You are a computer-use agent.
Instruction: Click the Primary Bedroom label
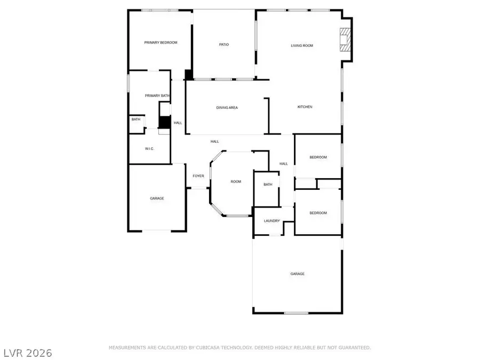pos(161,43)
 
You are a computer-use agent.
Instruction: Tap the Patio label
pos(224,44)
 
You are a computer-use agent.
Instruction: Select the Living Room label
pos(302,46)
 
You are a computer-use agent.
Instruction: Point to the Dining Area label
pos(227,108)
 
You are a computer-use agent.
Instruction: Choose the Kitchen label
pos(305,107)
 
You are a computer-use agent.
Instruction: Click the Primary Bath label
pos(157,95)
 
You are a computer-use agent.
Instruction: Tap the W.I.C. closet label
pos(149,148)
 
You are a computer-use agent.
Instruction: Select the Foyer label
pos(198,176)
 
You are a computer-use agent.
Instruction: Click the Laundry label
pos(272,220)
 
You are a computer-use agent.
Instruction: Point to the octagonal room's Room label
pos(236,182)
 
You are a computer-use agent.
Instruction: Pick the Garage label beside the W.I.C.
pos(157,198)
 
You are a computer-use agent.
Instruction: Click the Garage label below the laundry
pos(297,274)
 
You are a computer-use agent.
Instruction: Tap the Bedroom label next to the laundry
pos(318,213)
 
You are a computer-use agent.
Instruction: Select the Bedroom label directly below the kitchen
pos(318,157)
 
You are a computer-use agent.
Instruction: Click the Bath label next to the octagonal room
pos(268,185)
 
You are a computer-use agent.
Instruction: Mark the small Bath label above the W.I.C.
pos(136,119)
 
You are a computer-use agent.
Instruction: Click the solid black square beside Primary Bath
pos(164,123)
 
